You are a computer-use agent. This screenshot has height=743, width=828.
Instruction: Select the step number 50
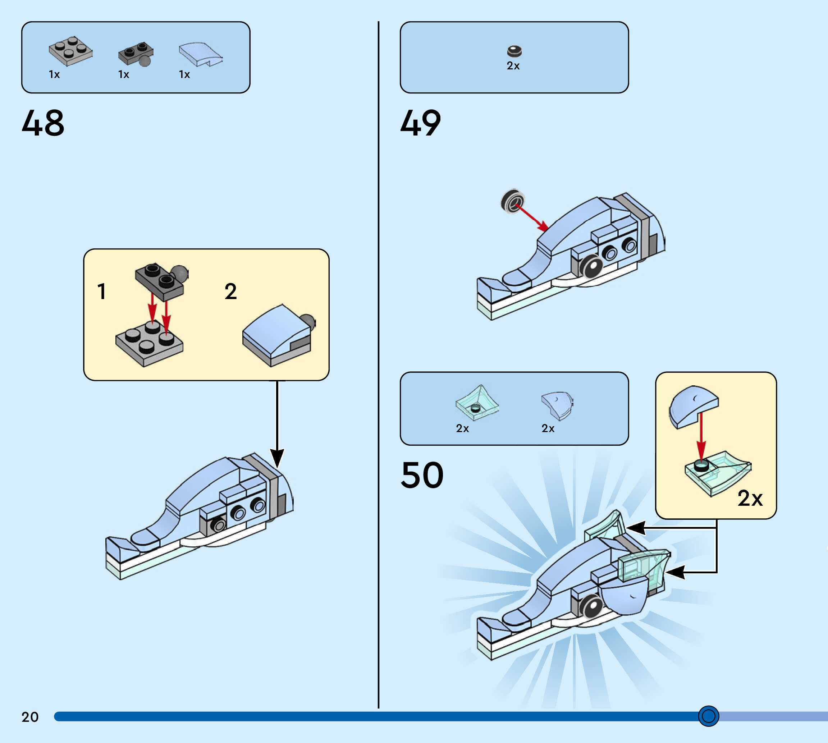pos(422,475)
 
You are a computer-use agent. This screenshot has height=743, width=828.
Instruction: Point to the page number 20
pos(30,717)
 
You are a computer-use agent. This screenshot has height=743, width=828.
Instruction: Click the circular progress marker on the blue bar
pos(708,716)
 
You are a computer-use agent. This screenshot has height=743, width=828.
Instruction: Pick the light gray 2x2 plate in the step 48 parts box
pos(70,51)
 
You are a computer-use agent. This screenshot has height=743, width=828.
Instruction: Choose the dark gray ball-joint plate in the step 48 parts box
pos(136,54)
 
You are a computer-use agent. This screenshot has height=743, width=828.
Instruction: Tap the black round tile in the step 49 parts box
pos(514,51)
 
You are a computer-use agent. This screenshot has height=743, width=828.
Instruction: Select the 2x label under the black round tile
pos(513,66)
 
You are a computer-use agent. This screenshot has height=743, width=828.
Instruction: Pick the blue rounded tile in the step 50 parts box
pos(557,405)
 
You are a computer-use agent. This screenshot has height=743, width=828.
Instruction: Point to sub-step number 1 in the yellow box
pos(102,292)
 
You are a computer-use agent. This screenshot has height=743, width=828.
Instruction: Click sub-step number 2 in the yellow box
pos(231,292)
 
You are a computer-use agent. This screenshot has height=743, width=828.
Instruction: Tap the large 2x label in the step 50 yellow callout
pos(750,498)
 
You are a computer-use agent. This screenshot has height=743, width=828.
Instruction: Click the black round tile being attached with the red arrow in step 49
pos(512,201)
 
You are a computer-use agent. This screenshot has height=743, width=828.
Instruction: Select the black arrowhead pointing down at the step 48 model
pos(277,458)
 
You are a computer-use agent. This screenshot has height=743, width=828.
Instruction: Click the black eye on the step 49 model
pos(593,267)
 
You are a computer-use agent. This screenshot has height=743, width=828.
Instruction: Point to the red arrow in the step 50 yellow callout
pos(701,437)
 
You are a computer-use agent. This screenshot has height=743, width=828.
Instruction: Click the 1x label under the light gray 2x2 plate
pos(54,75)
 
